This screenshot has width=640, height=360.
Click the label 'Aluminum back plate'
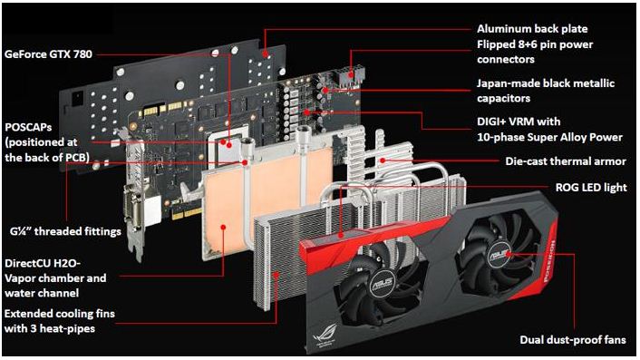[532, 29]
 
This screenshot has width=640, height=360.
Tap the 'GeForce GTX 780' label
[48, 54]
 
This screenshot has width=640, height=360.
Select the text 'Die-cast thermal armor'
[566, 161]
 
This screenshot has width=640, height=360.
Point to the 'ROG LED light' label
[591, 188]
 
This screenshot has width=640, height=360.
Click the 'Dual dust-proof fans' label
[573, 339]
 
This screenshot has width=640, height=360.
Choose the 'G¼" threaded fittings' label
[65, 231]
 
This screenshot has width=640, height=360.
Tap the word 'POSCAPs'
[28, 127]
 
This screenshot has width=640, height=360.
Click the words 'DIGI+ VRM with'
[519, 122]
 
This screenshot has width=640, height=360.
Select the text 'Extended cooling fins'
[60, 314]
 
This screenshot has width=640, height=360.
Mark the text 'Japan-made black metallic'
[546, 83]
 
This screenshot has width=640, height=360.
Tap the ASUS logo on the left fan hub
[383, 283]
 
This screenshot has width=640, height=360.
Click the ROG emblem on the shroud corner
[325, 336]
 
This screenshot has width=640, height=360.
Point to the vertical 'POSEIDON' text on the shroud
[549, 260]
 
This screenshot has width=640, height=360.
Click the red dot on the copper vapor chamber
[223, 227]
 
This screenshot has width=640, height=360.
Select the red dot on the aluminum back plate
[266, 54]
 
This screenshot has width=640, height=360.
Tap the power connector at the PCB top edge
[349, 76]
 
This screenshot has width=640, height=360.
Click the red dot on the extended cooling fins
[276, 275]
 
